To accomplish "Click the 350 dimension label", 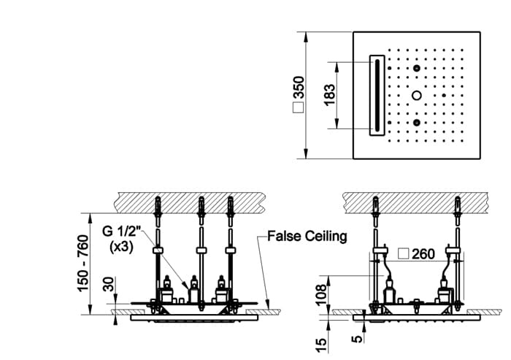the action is pos(299,87).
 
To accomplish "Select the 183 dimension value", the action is pos(329,95).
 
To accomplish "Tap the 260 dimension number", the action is pos(423,254).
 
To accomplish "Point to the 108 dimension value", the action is pos(321,294).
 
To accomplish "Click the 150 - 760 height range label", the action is pos(82,263).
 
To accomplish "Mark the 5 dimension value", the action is pos(357,339).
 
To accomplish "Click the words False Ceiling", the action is pos(307,236).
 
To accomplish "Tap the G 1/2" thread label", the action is pos(122,231).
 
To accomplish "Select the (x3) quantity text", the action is pos(122,247).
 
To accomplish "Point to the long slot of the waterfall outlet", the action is pos(377,95).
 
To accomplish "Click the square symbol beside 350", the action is pos(298,107).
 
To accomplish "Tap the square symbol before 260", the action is pos(404,253).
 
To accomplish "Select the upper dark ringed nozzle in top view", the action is pos(417,68).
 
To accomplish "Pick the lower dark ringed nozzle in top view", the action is pos(417,123).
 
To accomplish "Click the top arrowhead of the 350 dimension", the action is pos(306,37).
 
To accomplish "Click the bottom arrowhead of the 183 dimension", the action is pos(337,123).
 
